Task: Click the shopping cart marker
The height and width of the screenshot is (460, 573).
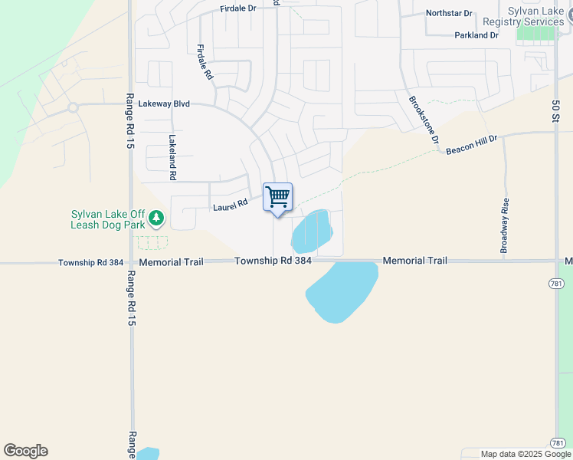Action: point(277,197)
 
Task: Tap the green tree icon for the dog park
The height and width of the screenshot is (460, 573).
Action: point(156,219)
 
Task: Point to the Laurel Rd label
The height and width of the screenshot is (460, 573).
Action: point(231,205)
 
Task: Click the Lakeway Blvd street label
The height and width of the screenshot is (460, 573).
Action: point(164,103)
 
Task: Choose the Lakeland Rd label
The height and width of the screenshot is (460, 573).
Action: point(172,158)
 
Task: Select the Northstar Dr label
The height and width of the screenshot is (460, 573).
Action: point(450,13)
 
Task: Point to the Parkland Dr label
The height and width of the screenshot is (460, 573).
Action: point(476,35)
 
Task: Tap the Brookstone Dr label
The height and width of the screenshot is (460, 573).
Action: point(423,120)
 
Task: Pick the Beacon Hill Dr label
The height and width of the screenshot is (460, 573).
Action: point(472,145)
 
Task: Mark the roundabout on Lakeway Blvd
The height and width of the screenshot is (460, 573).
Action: point(73,107)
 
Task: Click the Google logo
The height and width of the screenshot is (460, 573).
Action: point(25,451)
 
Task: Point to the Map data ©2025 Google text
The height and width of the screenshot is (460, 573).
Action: point(526,454)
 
